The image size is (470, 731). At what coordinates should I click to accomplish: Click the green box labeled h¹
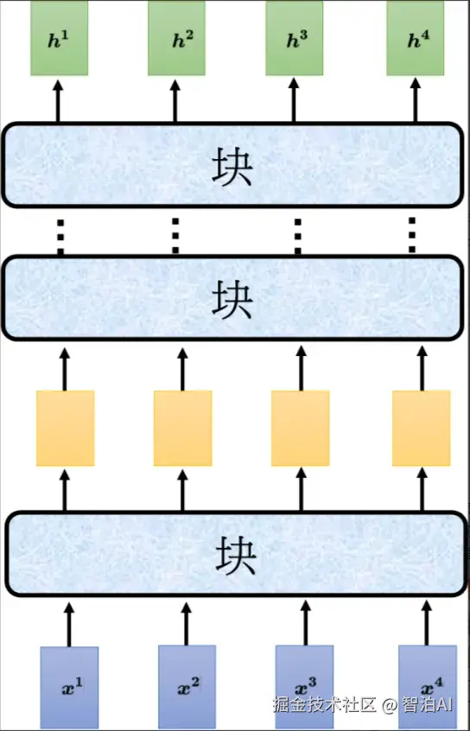[x=60, y=38]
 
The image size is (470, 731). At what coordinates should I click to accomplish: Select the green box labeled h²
[x=177, y=38]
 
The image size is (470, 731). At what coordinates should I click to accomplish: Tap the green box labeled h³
[x=295, y=38]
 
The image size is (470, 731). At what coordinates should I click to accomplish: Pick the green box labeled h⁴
[x=416, y=38]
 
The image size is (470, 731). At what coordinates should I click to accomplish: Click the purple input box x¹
[x=69, y=688]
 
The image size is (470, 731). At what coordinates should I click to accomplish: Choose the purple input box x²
[x=187, y=687]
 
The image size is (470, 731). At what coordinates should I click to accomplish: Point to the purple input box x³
[x=304, y=687]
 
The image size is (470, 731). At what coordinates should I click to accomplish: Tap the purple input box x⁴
[x=428, y=687]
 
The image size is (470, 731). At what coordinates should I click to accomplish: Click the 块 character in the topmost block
[x=232, y=167]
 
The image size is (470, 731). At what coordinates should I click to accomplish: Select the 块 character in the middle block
[x=232, y=299]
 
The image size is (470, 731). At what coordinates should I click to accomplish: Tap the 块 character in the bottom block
[x=236, y=556]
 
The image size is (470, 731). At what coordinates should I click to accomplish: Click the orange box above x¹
[x=66, y=428]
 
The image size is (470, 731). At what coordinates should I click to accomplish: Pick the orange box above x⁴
[x=422, y=428]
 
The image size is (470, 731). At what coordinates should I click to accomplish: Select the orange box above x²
[x=183, y=428]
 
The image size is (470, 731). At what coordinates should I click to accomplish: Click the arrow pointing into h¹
[x=58, y=101]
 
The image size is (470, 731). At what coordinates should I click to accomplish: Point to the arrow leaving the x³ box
[x=306, y=623]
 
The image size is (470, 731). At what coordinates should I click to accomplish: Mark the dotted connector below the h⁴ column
[x=412, y=235]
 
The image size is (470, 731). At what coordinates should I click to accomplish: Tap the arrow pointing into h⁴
[x=416, y=101]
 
